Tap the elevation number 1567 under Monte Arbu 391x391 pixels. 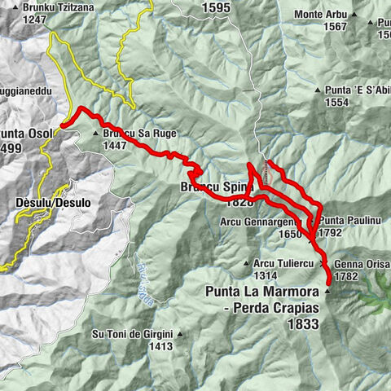click(335, 26)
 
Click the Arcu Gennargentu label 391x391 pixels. click(264, 221)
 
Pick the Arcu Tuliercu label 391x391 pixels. click(283, 263)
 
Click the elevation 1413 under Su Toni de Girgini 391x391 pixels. click(160, 346)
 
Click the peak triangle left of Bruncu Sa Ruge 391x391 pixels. click(96, 133)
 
